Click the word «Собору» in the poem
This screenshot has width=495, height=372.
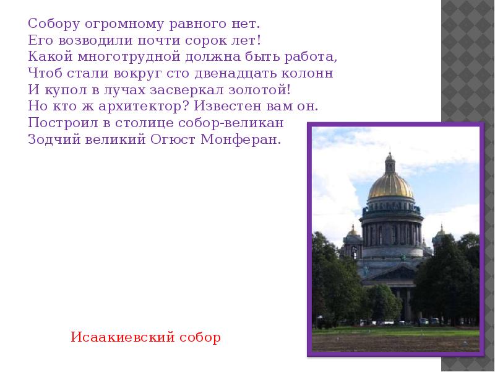click(48, 25)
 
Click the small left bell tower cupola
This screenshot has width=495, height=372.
click(353, 232)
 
